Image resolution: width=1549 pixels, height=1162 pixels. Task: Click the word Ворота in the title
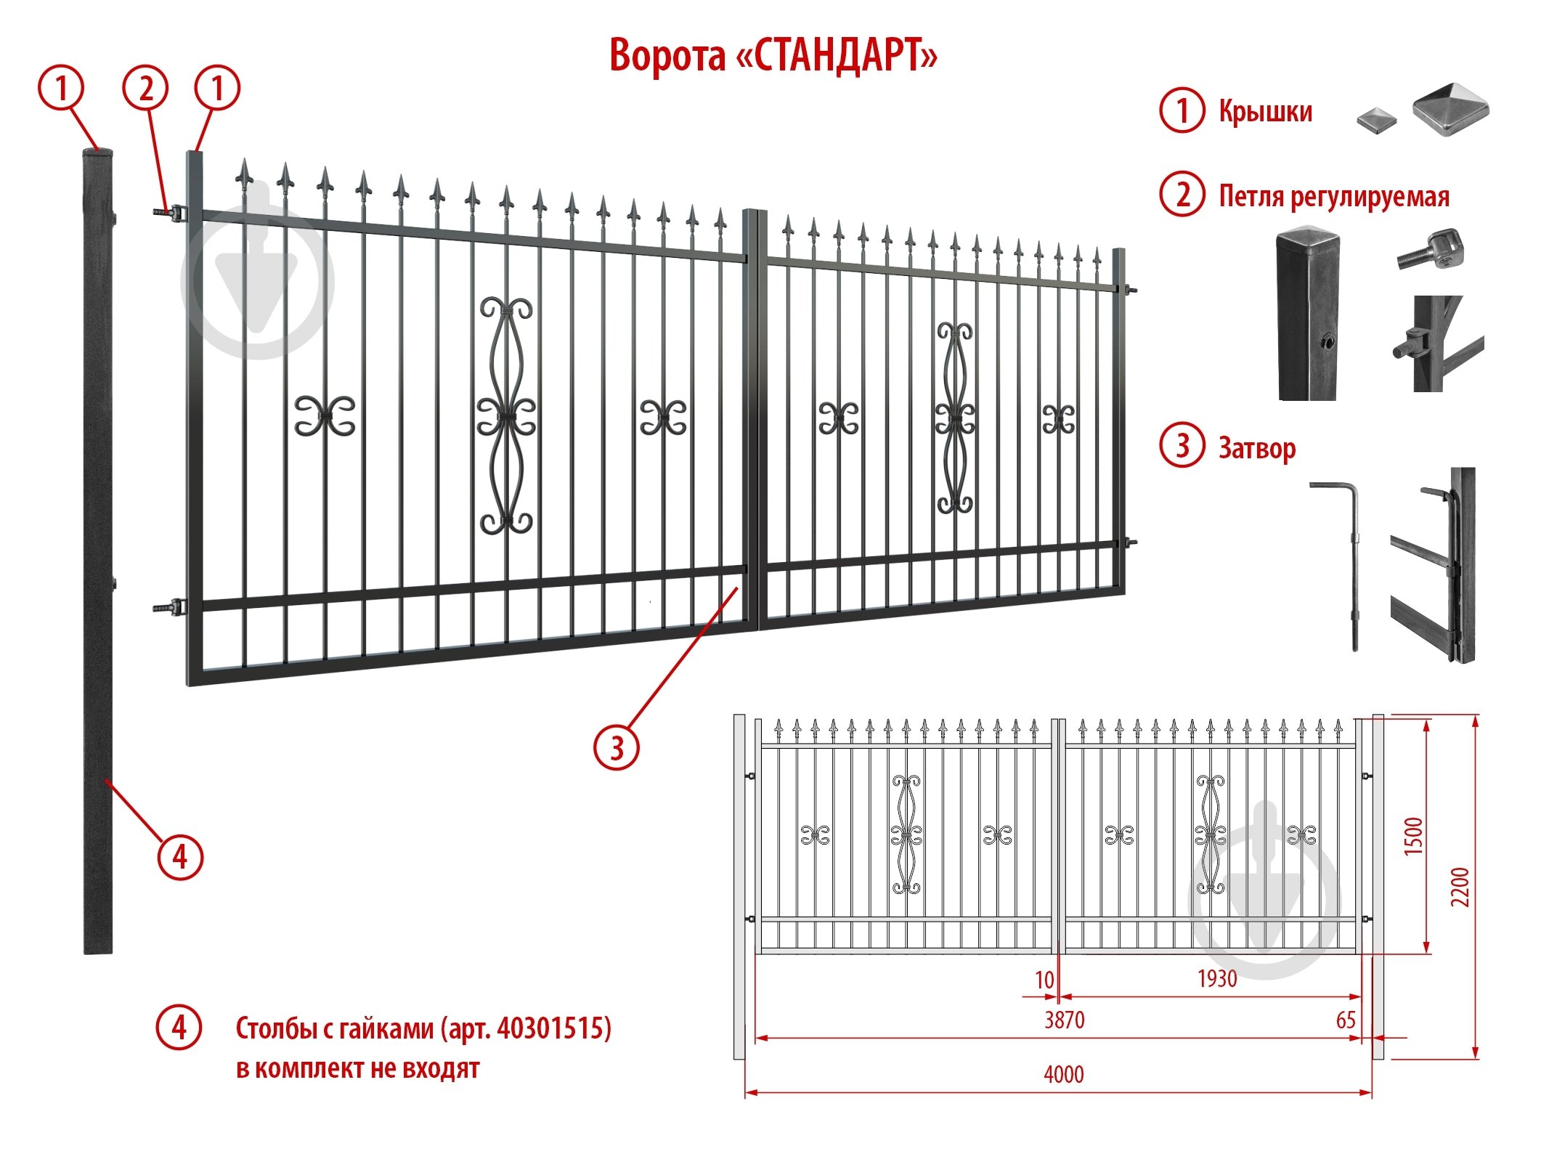(667, 55)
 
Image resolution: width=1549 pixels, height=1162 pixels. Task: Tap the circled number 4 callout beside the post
(180, 858)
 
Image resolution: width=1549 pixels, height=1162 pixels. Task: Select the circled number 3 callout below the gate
(617, 747)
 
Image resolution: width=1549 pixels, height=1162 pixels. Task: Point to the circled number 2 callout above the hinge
(146, 89)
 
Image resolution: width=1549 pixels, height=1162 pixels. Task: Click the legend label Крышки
(1266, 111)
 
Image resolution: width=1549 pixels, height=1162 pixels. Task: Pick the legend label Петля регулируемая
(1334, 196)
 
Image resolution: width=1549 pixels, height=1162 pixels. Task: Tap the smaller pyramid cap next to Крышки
(1377, 120)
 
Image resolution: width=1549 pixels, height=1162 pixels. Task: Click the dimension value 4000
(1064, 1074)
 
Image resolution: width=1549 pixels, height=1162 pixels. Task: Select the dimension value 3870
(1065, 1020)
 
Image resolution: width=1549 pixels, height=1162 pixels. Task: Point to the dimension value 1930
(1217, 978)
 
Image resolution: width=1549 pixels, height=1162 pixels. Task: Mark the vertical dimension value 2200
(1460, 887)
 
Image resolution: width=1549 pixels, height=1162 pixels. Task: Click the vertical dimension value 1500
(1413, 836)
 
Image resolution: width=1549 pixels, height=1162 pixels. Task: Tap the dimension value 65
(1346, 1020)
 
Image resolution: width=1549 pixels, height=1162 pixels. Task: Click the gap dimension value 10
(1044, 980)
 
